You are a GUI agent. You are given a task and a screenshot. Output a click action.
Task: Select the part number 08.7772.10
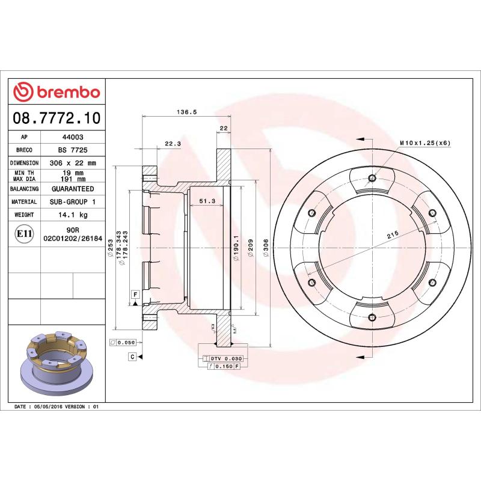tap(57, 116)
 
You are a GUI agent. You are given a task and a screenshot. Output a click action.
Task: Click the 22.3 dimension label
tap(173, 143)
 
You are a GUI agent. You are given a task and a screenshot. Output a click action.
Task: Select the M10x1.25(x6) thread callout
tap(425, 143)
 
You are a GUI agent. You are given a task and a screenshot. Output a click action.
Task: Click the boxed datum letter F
tap(135, 293)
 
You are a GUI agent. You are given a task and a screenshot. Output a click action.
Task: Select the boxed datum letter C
tap(131, 357)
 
